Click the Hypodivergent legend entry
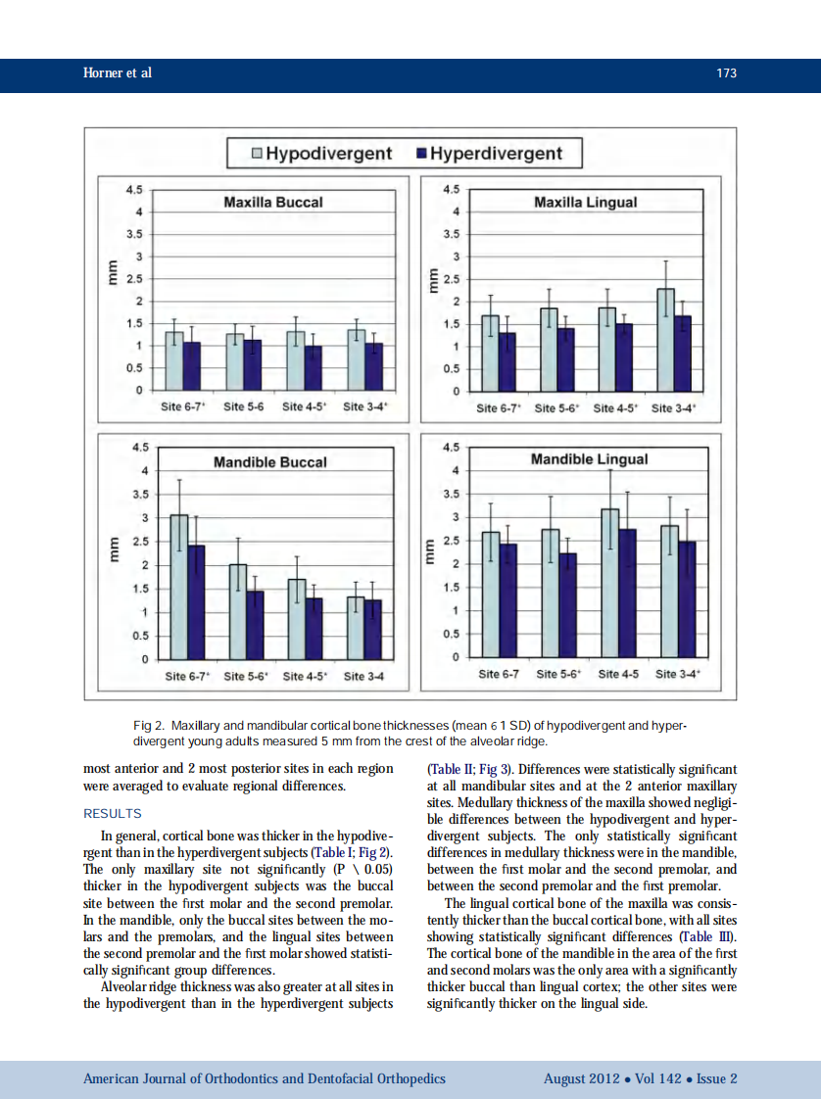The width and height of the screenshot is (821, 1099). click(x=322, y=154)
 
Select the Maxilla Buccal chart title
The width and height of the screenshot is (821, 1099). click(x=273, y=203)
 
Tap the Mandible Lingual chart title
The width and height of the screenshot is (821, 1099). click(x=589, y=458)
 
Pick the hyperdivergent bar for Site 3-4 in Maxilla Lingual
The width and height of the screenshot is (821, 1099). click(x=683, y=353)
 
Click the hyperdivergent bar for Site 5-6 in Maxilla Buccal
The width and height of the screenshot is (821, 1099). click(x=253, y=364)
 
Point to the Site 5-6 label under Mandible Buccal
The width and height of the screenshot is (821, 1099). click(x=245, y=676)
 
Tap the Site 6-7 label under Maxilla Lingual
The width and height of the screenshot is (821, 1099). click(x=499, y=407)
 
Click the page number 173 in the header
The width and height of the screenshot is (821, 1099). click(x=726, y=73)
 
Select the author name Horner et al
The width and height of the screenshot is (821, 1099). click(x=118, y=73)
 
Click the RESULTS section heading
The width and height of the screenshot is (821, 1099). click(x=113, y=814)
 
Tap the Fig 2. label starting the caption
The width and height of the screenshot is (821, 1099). click(x=149, y=726)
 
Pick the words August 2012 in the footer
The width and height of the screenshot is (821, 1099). click(x=581, y=1078)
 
